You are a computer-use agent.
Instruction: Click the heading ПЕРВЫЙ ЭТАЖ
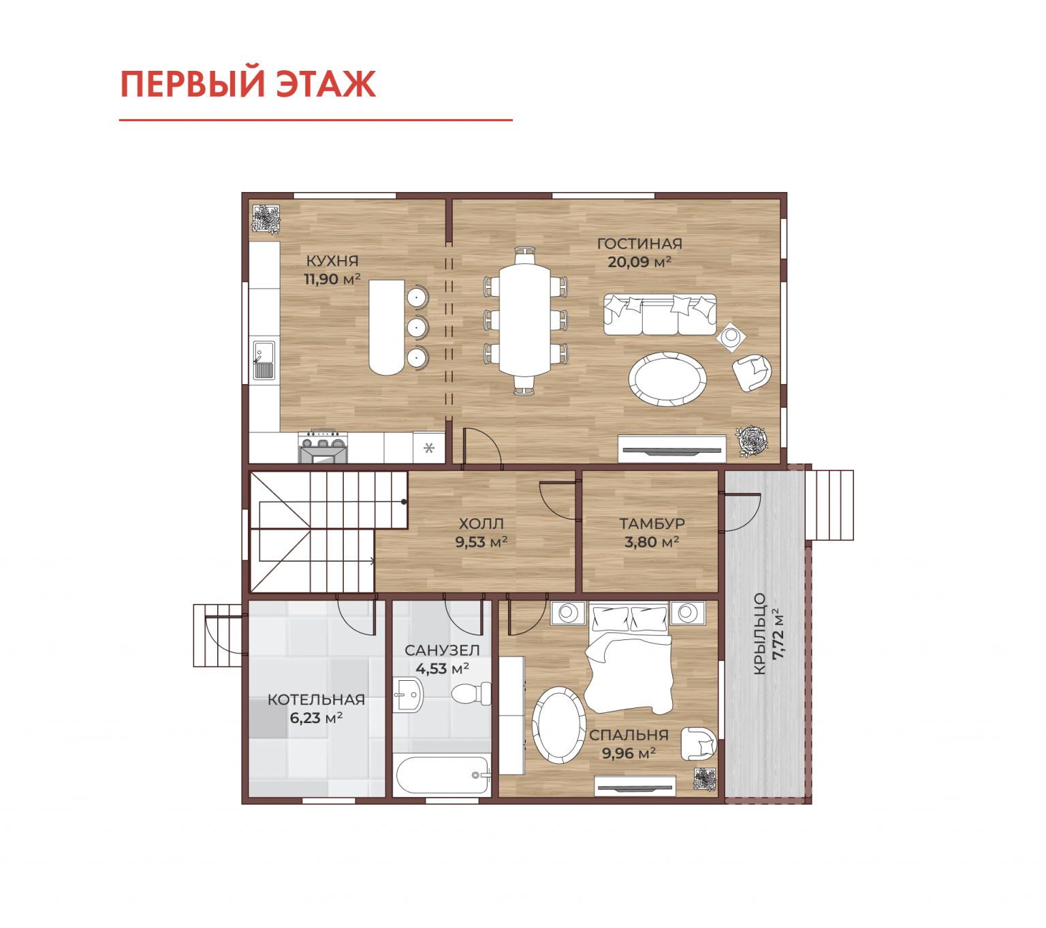[248, 84]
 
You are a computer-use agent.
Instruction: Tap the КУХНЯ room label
[332, 261]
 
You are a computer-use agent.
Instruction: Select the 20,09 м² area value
[639, 261]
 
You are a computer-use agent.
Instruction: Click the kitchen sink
[264, 359]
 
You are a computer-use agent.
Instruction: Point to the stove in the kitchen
[323, 446]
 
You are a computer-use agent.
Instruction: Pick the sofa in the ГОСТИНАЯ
[660, 315]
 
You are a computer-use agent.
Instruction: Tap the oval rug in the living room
[667, 379]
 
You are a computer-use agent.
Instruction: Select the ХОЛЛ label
[481, 524]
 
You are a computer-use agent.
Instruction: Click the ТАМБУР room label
[652, 524]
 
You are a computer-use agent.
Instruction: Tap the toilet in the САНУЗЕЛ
[471, 693]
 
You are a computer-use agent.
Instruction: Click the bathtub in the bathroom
[443, 775]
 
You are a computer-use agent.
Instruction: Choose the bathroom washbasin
[407, 694]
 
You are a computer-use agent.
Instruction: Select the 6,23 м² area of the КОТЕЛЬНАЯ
[316, 718]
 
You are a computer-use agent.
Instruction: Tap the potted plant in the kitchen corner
[266, 219]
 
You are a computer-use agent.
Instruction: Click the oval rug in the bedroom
[558, 724]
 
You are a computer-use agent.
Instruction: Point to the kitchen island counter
[386, 327]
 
